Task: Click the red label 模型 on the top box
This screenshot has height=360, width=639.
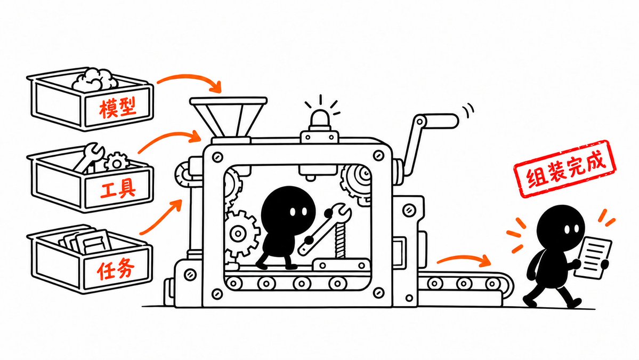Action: pos(117,108)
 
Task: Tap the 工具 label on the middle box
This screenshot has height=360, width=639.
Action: pos(118,189)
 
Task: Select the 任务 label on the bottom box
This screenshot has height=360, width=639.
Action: pos(116,269)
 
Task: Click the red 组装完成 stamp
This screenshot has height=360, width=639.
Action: pos(565,169)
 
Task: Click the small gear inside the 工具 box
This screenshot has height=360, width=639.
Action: pos(117,162)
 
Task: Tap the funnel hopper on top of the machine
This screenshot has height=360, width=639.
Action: pos(228,117)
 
